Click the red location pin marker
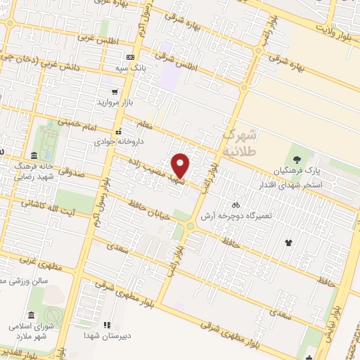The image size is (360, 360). click(x=181, y=165)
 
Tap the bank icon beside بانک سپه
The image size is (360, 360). click(x=130, y=57)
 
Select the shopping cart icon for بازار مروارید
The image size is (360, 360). click(x=114, y=92)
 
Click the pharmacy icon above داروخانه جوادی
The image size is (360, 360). click(x=118, y=131)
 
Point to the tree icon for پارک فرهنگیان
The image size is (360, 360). click(x=297, y=159)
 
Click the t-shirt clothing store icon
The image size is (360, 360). click(x=288, y=243)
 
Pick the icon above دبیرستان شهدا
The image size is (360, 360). click(x=108, y=325)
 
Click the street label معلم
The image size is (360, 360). click(x=146, y=126)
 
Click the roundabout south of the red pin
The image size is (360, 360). click(x=190, y=226)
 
